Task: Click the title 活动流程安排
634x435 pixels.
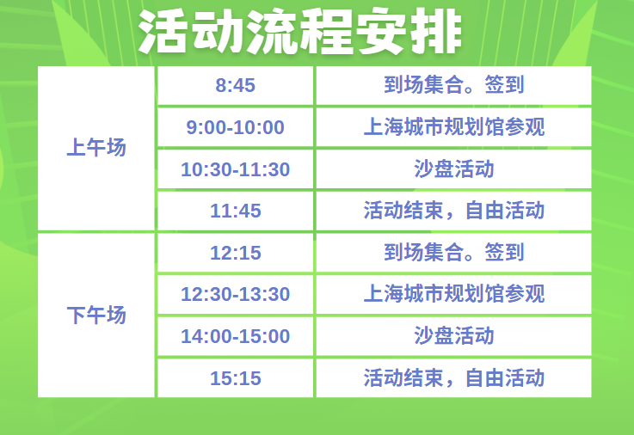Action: point(300,32)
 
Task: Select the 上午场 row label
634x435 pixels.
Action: point(96,147)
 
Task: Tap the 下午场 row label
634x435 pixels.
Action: point(96,315)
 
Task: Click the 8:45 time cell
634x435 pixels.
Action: point(236,86)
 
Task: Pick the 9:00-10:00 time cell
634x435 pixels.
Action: point(236,127)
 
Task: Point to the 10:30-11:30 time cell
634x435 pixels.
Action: point(236,169)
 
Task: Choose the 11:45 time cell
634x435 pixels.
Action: point(236,211)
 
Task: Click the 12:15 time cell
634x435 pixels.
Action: point(236,253)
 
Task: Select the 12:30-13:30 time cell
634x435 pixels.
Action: point(236,294)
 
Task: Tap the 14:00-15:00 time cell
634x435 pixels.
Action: point(236,336)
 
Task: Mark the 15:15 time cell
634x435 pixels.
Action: point(236,378)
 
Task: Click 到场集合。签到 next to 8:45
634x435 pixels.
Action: point(453,85)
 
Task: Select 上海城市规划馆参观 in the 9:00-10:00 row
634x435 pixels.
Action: point(453,127)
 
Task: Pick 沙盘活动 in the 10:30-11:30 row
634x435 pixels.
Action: point(453,168)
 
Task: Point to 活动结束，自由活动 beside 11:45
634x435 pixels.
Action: point(453,211)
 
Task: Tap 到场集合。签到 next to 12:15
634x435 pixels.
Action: point(453,253)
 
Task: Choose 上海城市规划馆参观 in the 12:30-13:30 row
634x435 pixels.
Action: point(453,294)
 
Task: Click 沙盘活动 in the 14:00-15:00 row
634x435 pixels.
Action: point(453,335)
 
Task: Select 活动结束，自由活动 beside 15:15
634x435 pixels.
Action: point(453,377)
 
